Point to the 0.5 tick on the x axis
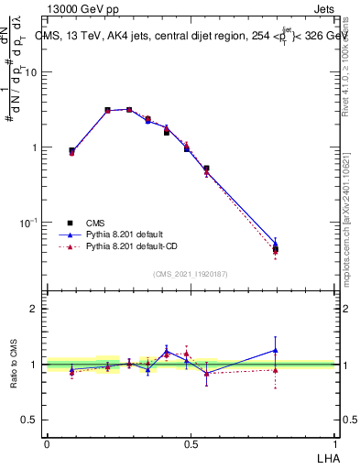point(191,443)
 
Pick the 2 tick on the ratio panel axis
point(36,309)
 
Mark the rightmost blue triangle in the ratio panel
point(276,350)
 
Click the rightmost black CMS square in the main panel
point(276,248)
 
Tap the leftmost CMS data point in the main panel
point(71,151)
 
